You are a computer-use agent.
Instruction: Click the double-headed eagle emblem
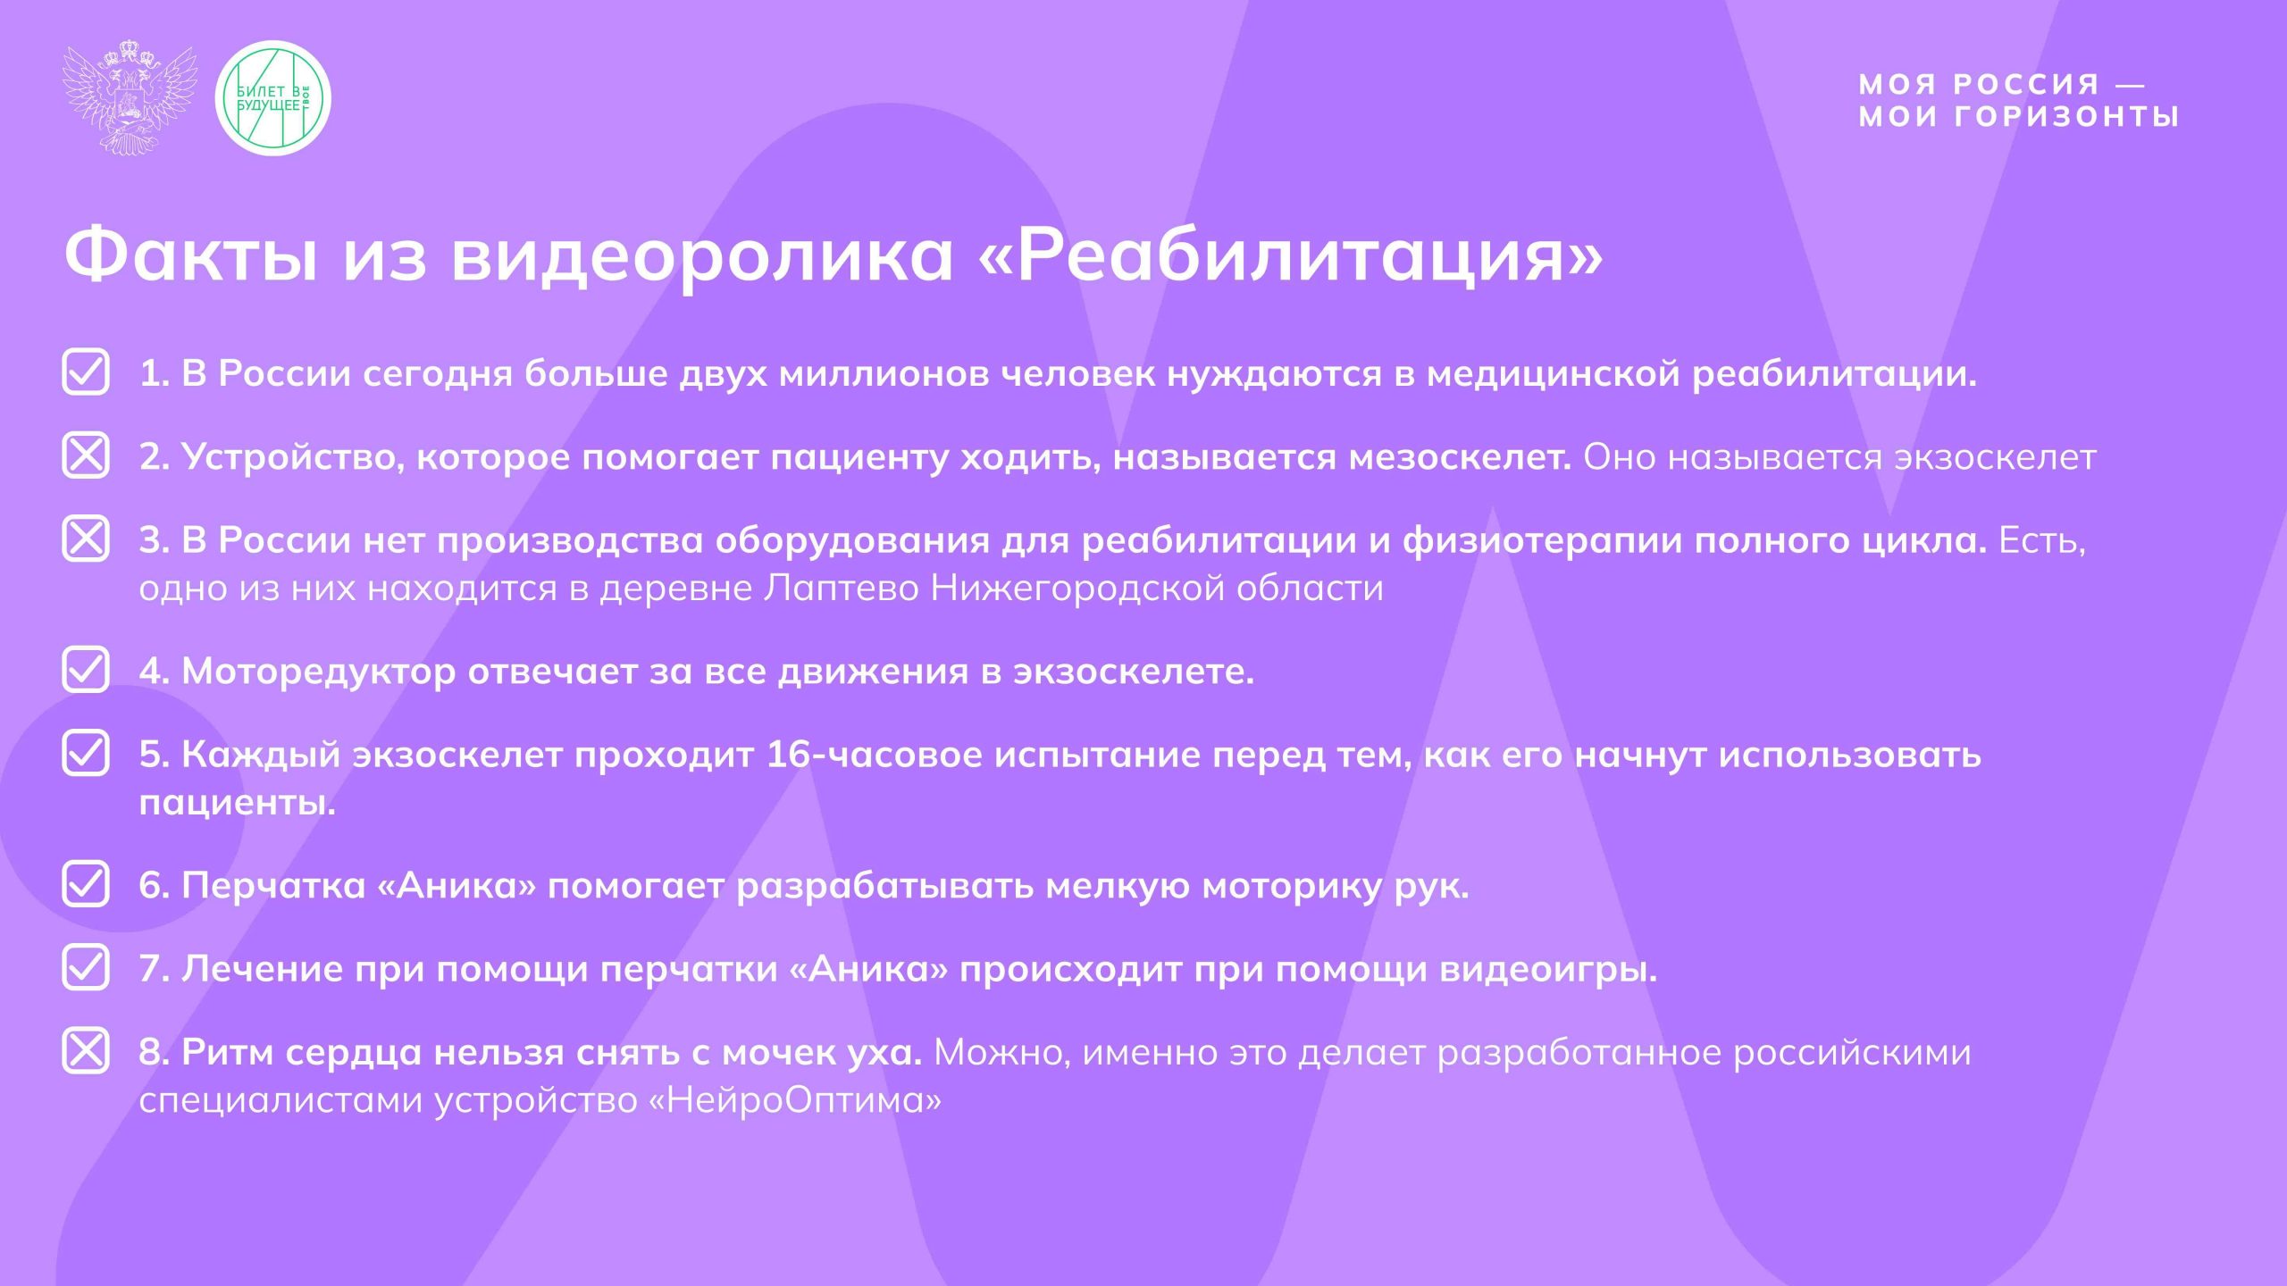(x=130, y=97)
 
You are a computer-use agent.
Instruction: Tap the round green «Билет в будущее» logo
(x=273, y=98)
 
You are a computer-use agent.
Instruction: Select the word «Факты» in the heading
(x=191, y=255)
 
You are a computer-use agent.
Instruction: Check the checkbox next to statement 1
(x=86, y=372)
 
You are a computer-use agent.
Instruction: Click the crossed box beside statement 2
(x=86, y=455)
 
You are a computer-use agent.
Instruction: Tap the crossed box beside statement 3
(x=86, y=539)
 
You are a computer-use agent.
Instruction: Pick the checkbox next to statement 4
(x=86, y=670)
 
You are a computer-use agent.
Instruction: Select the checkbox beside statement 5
(x=86, y=753)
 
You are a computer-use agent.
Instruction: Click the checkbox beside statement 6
(x=86, y=884)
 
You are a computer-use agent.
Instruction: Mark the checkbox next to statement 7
(x=86, y=967)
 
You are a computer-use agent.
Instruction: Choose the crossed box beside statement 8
(x=86, y=1050)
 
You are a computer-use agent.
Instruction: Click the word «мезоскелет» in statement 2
(x=1460, y=457)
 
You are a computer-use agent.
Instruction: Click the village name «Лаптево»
(x=842, y=589)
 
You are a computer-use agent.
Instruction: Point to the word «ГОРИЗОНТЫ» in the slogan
(x=2066, y=117)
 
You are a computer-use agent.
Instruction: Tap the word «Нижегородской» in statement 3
(x=1077, y=589)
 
